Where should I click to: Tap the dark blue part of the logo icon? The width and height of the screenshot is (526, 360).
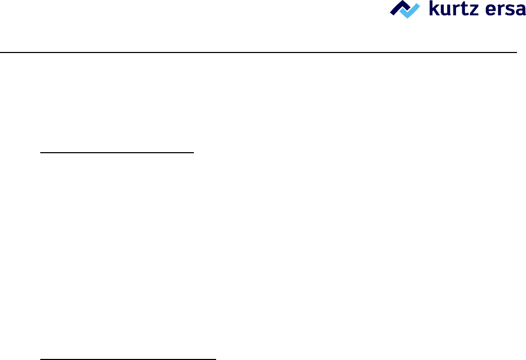pos(398,7)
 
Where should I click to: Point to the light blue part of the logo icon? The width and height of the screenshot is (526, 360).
pos(411,11)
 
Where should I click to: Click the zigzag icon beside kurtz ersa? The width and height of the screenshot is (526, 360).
pos(405,9)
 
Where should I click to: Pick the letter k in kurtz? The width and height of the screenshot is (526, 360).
pos(433,9)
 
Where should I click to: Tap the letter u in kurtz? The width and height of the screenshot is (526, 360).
pos(445,11)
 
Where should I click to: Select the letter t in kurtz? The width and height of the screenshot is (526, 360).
pos(462,10)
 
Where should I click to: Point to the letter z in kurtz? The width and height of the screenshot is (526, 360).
pos(471,11)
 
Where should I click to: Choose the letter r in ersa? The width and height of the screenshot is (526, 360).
pos(495,11)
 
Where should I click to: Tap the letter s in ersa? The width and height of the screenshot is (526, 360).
pos(505,11)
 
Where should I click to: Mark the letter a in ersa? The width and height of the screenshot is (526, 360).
pos(518,11)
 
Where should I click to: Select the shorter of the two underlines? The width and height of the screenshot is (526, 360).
pos(118,152)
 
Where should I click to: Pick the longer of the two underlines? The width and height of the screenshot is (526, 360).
pos(128,359)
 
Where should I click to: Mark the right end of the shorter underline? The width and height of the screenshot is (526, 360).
pos(194,152)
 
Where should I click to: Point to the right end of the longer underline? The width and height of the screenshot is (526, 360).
pos(216,359)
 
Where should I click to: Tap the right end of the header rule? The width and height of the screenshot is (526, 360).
pos(516,52)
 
